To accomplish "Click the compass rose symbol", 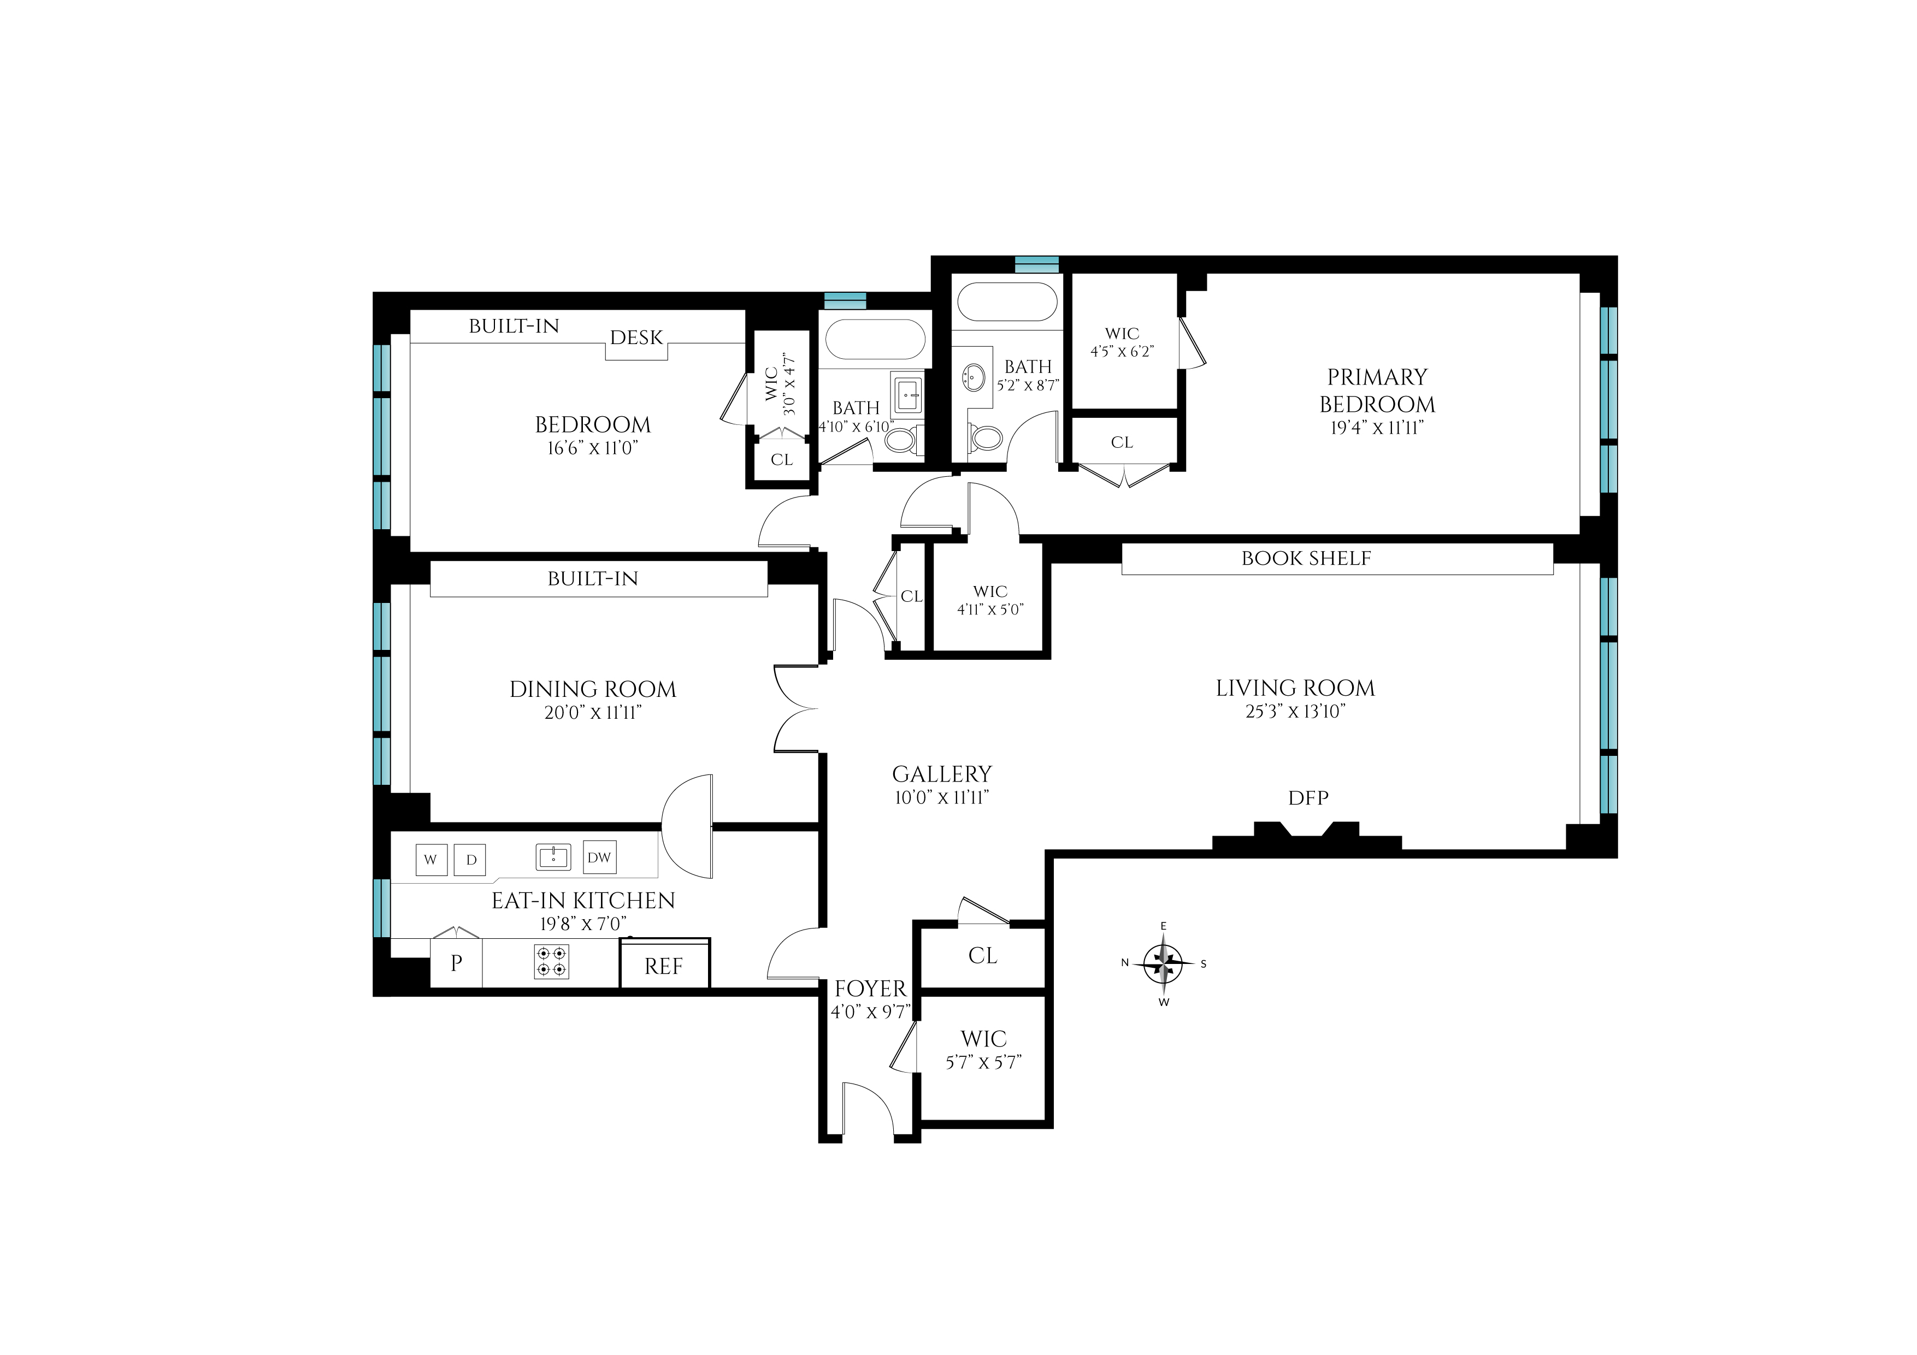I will tap(1163, 963).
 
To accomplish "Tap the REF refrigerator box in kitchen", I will tap(664, 965).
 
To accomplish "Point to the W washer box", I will tap(431, 859).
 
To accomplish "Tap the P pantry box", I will tap(456, 963).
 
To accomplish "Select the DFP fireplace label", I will tap(1307, 797).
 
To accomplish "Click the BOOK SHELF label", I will tap(1306, 559).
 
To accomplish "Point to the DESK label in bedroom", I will tap(636, 338).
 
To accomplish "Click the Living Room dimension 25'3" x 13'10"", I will tap(1295, 711).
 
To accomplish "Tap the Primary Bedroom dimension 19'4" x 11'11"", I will tap(1377, 428).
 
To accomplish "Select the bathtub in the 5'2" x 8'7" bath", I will tap(1007, 301).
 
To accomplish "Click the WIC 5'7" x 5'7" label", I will tap(983, 1050).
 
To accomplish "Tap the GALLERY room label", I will tap(942, 774).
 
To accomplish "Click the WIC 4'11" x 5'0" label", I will tap(990, 600).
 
